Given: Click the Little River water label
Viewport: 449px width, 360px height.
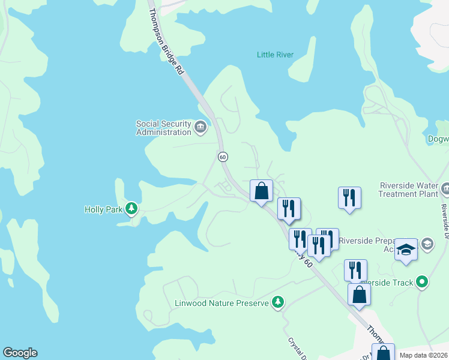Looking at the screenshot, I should coord(275,55).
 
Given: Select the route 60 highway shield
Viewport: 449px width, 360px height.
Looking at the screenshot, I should coord(223,157).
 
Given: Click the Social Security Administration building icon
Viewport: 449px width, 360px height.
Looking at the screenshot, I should coord(200,126).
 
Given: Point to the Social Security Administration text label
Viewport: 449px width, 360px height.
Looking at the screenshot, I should coord(163,127).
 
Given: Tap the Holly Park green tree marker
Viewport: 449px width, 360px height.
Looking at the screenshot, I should coord(132,209).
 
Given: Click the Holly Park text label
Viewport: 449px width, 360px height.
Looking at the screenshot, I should coord(104,209).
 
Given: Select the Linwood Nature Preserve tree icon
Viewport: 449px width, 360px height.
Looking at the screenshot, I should coord(277,302).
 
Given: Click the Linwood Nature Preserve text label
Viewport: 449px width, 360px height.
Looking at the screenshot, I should coord(221,303).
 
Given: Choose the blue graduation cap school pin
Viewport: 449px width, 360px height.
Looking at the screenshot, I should coord(406,250).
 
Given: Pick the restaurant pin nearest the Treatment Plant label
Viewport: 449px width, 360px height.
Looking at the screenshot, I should coord(349,198).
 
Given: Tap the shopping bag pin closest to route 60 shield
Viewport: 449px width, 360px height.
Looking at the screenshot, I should coord(261,191).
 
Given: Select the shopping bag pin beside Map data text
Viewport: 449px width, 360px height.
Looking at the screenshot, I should coord(382,353).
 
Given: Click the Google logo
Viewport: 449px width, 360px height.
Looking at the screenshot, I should coord(20,353).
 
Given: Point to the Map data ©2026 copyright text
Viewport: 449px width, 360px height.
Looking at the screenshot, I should coord(424,355).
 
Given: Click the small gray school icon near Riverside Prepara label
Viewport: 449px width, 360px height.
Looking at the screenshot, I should coord(427,243).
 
